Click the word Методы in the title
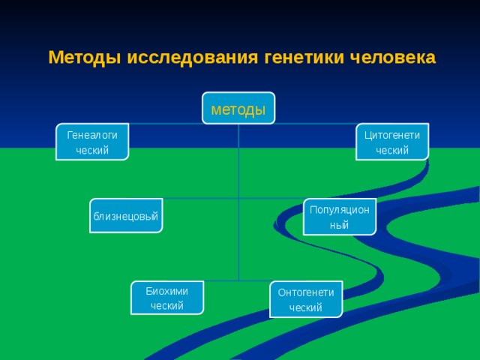[85, 58]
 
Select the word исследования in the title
[192, 58]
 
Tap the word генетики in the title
[304, 58]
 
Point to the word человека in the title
[393, 58]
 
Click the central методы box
[238, 108]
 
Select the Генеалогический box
[92, 142]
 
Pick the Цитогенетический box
[392, 142]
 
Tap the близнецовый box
[126, 216]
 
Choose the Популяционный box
[340, 217]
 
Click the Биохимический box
[167, 298]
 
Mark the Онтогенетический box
[306, 299]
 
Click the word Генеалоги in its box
[92, 135]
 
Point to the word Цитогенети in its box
[392, 135]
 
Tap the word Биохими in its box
[166, 291]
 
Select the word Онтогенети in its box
[306, 292]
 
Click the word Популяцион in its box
[340, 210]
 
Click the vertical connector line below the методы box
[238, 202]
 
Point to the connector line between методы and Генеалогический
[165, 124]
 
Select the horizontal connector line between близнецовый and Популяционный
[233, 198]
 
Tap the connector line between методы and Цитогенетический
[315, 124]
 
